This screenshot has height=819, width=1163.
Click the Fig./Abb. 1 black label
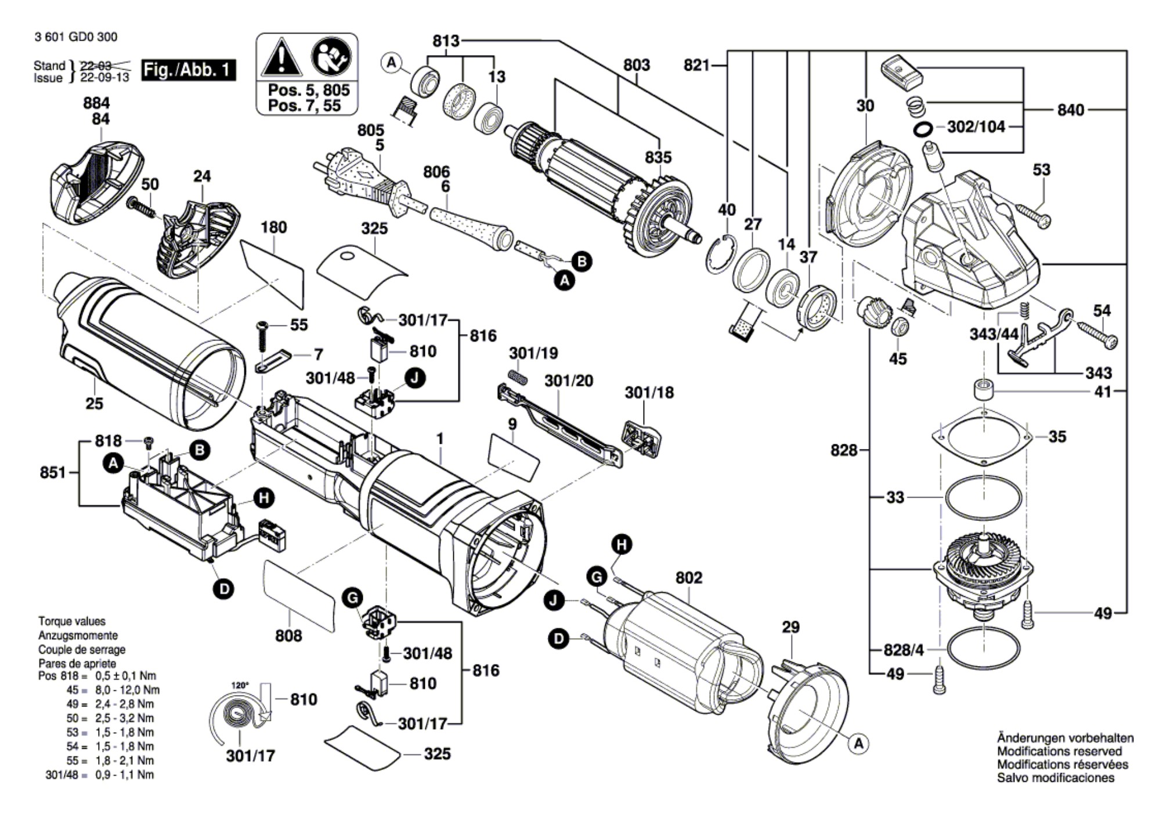(x=189, y=70)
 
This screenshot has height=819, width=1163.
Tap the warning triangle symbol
(x=281, y=58)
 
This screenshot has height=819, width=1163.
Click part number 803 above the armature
(x=636, y=65)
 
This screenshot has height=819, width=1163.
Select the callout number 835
(x=658, y=157)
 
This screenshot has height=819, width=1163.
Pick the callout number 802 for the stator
(x=689, y=578)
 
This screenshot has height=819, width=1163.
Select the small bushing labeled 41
(x=983, y=389)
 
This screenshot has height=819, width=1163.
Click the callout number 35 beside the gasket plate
(x=1057, y=437)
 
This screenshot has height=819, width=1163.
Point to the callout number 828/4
(x=903, y=650)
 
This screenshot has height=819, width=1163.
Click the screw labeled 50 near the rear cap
(x=140, y=207)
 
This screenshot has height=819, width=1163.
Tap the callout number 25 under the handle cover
(x=94, y=403)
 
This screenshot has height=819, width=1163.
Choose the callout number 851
(x=53, y=473)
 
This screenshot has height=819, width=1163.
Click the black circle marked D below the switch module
(x=223, y=589)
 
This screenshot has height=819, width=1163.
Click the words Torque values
(x=72, y=621)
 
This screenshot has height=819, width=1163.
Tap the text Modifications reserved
(x=1059, y=751)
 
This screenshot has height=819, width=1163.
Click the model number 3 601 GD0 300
(x=75, y=37)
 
